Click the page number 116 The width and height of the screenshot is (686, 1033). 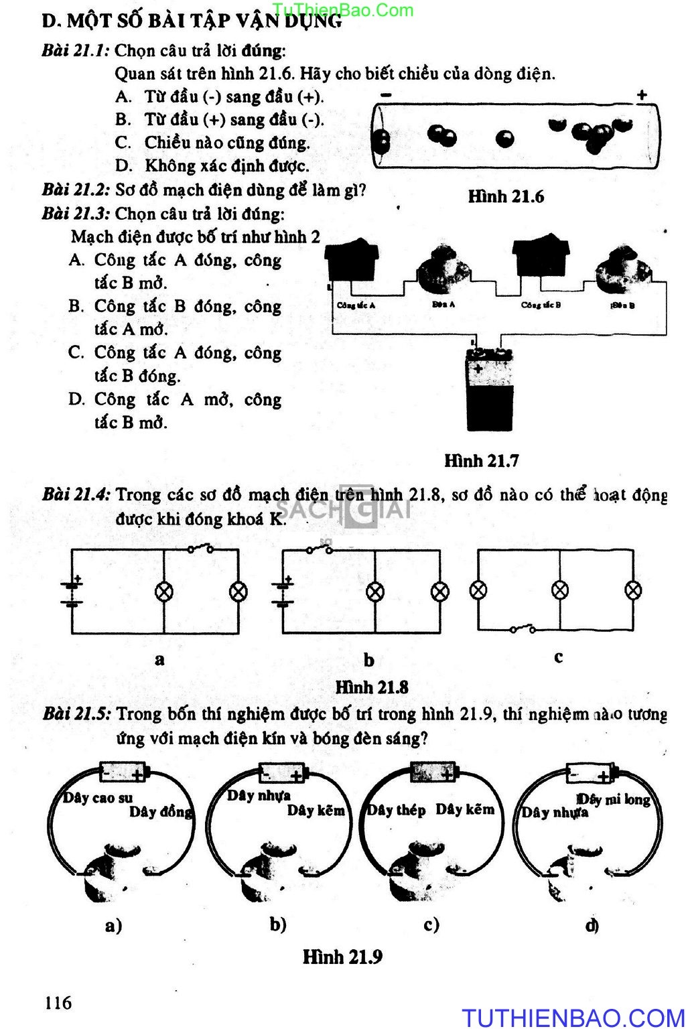pyautogui.click(x=58, y=1003)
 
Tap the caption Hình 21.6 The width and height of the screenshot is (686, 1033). pyautogui.click(x=506, y=196)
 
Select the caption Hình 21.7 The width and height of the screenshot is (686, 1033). pyautogui.click(x=481, y=460)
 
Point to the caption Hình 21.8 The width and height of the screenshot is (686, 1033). pyautogui.click(x=371, y=687)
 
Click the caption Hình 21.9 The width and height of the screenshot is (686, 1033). pyautogui.click(x=342, y=956)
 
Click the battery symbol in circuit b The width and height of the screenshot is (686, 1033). pyautogui.click(x=284, y=592)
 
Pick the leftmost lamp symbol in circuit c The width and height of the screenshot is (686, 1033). pyautogui.click(x=478, y=590)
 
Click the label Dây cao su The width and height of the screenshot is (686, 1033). pyautogui.click(x=98, y=797)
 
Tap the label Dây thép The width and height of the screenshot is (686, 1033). pyautogui.click(x=396, y=810)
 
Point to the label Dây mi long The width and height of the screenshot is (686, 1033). pyautogui.click(x=614, y=799)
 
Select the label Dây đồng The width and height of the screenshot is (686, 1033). pyautogui.click(x=161, y=812)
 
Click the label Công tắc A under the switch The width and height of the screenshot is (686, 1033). pyautogui.click(x=356, y=305)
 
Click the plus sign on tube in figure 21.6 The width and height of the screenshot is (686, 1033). pyautogui.click(x=642, y=95)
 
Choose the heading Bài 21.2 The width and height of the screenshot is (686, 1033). pyautogui.click(x=75, y=190)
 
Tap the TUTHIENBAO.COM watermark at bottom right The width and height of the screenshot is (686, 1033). pyautogui.click(x=573, y=1018)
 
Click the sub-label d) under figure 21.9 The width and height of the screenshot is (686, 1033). pyautogui.click(x=592, y=925)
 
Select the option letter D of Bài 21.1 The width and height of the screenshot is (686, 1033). pyautogui.click(x=123, y=166)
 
